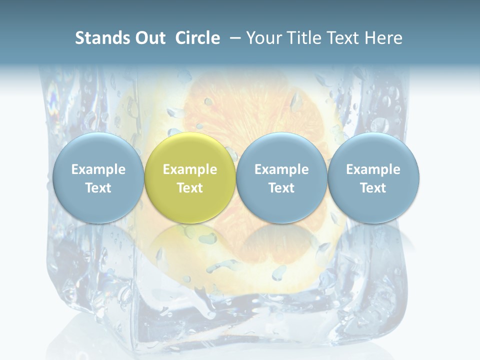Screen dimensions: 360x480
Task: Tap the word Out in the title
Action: point(150,38)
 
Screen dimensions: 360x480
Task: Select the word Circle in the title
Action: point(197,38)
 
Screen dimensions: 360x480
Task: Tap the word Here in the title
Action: point(385,38)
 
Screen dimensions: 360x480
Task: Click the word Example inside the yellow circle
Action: point(190,169)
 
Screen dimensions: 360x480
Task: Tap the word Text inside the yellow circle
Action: point(190,188)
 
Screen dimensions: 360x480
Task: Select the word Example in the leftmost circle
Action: point(98,169)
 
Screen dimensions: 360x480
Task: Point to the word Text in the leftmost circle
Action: point(98,188)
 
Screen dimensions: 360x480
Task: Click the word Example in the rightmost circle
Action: point(373,169)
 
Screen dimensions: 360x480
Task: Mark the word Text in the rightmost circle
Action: point(373,188)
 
